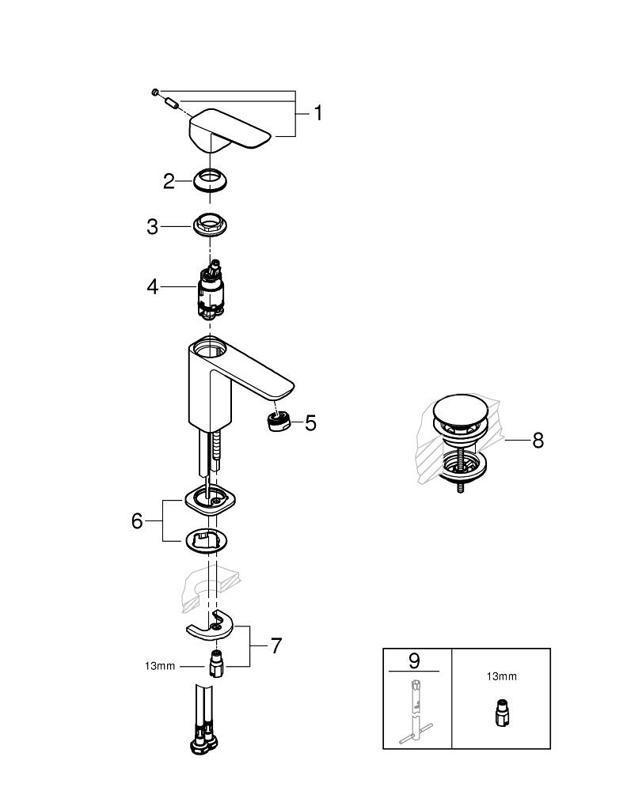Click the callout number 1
pos(317,114)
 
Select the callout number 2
pos(169,181)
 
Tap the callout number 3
pos(153,227)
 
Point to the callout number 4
pos(153,286)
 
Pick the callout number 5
pos(310,423)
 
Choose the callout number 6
pos(137,521)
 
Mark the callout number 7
pos(275,646)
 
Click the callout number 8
pos(538,440)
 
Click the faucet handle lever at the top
pos(230,128)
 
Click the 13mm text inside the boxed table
pos(500,676)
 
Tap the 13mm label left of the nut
pos(160,666)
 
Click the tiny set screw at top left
pos(157,93)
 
